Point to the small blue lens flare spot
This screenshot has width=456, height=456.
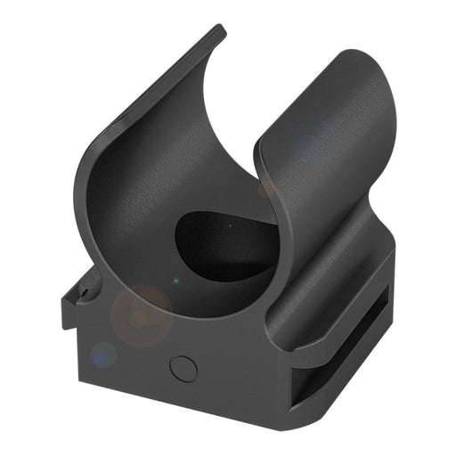pos(103,354)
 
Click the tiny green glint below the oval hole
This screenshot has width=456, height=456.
pos(175,282)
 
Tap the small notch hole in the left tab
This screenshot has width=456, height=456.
pos(86,291)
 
